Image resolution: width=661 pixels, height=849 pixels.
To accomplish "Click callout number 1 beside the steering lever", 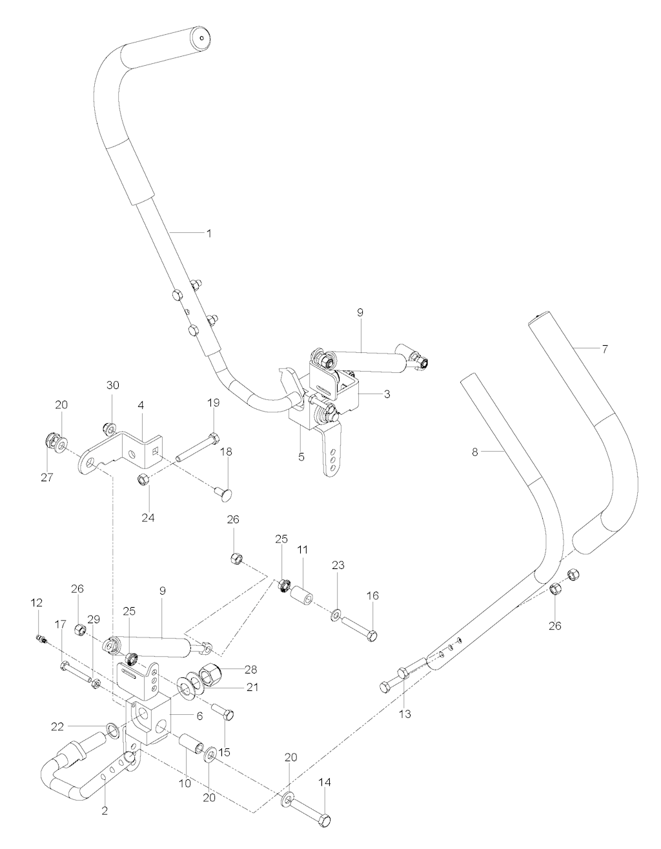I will (x=208, y=233).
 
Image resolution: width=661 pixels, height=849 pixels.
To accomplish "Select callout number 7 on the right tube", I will (x=604, y=349).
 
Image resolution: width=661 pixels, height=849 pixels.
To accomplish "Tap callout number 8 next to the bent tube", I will (x=474, y=452).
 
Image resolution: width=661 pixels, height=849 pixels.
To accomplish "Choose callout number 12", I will (x=36, y=602).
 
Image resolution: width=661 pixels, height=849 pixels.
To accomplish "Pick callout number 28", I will (x=250, y=669).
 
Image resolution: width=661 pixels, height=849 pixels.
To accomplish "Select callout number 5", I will (x=301, y=457).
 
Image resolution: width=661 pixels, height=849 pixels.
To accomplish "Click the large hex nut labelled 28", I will (x=210, y=676).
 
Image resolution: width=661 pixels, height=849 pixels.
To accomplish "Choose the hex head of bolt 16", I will (x=371, y=636).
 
